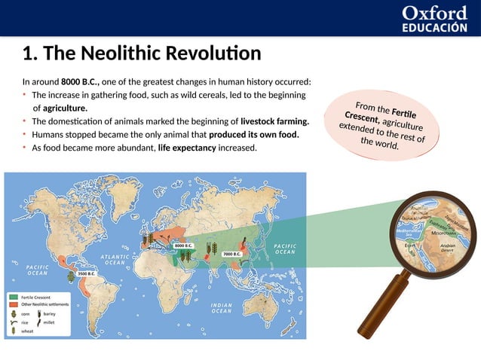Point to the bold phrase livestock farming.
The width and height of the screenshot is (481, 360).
[274, 121]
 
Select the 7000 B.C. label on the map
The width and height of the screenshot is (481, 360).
[231, 254]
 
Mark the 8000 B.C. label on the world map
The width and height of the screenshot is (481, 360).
[184, 246]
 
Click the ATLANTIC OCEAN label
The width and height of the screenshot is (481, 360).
[115, 260]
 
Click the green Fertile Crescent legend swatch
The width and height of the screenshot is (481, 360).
[14, 297]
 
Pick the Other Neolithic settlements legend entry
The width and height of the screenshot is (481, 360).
[44, 304]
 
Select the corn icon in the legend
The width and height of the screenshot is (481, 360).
[14, 313]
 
